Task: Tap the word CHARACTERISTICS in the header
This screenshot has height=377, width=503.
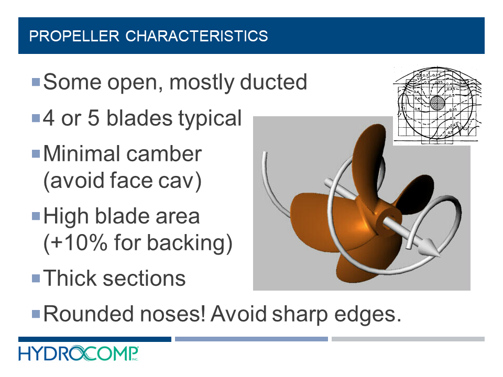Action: coord(197,36)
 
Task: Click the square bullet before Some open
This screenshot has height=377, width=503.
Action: coord(36,82)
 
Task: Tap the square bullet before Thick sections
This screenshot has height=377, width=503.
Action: coord(36,278)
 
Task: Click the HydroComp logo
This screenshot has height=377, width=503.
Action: coord(79,354)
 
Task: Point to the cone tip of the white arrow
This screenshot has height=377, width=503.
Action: coord(431,250)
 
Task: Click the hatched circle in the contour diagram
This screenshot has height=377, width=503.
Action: coord(437,103)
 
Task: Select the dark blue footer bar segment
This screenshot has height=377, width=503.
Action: coord(94,339)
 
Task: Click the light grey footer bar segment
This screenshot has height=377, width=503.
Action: coord(408,339)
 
